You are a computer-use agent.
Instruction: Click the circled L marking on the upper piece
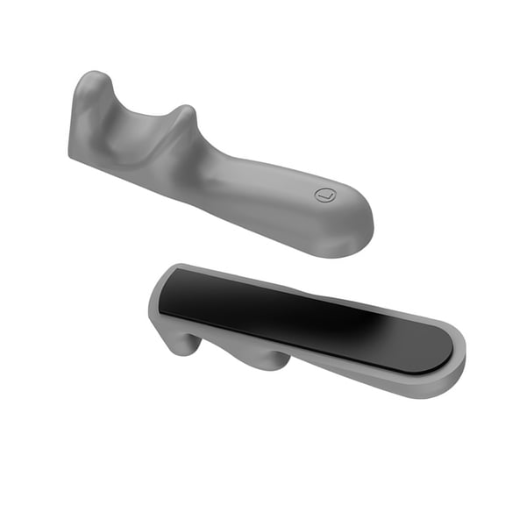(x=325, y=194)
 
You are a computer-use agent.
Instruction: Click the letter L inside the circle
(x=325, y=194)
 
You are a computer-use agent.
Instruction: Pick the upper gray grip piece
(x=219, y=167)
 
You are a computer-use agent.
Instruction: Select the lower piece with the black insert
(x=307, y=329)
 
